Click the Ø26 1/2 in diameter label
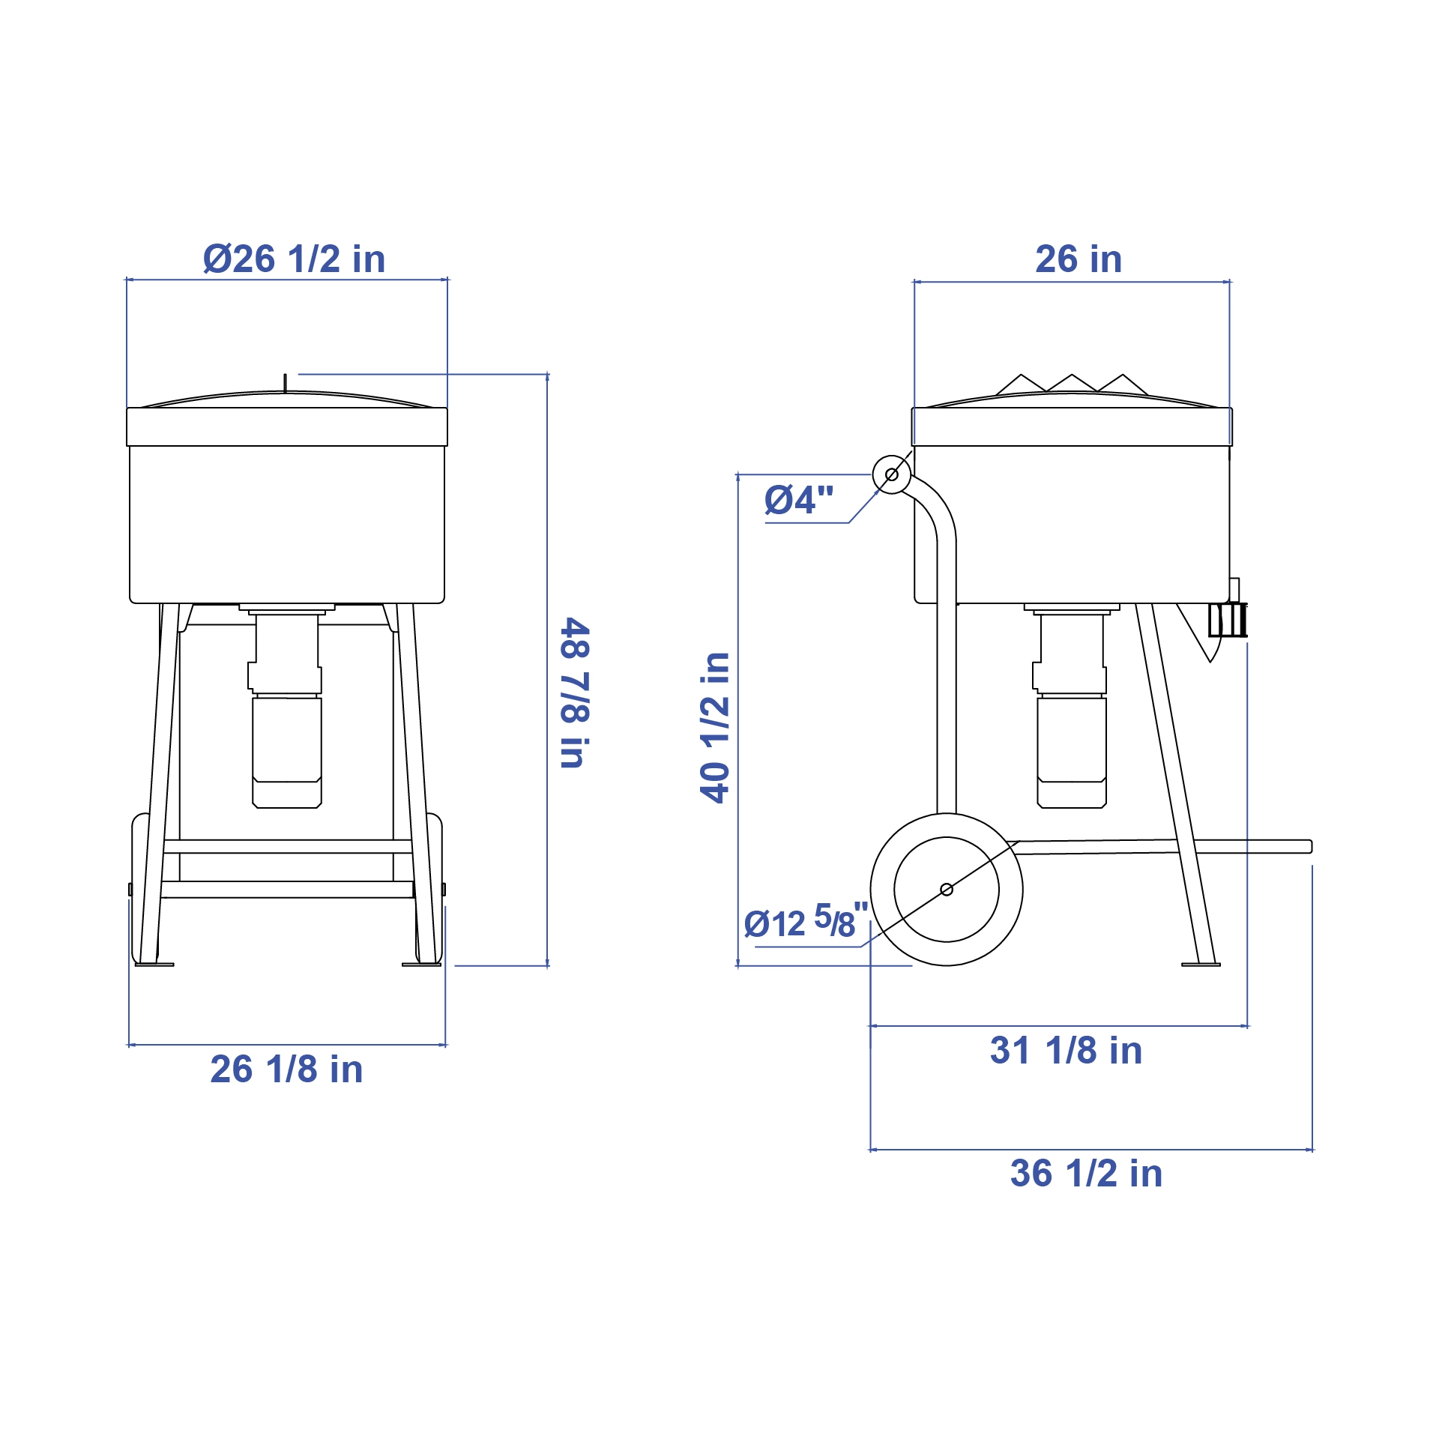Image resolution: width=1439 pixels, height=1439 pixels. coord(294,259)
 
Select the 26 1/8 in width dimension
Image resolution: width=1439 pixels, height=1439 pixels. coord(286,1069)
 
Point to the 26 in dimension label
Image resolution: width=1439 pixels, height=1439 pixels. coord(1079,259)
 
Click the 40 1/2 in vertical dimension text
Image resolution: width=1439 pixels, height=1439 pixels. coord(715,728)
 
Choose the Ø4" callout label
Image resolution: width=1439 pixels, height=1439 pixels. coord(798,500)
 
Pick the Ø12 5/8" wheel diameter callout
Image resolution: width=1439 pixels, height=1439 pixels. coord(806,921)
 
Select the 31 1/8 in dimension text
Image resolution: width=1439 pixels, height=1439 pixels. coord(1066,1050)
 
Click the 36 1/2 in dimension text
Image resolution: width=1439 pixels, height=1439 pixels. coord(1086,1173)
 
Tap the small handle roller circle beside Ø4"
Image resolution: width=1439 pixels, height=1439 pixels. coord(892,474)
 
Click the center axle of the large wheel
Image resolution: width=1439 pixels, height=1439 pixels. coord(947,889)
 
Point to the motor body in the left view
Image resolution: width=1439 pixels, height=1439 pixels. coord(287,742)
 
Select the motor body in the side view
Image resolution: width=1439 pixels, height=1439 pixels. coord(1072,742)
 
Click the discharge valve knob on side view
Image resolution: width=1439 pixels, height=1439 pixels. coord(1228,620)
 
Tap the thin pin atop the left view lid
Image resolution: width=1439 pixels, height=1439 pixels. coord(285,382)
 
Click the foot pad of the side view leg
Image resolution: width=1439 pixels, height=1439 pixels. coord(1201,965)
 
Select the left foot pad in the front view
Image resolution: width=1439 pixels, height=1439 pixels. coord(154,965)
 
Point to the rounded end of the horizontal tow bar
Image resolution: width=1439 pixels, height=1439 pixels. coord(1309,846)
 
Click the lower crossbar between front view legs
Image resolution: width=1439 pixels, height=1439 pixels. coord(287,890)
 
